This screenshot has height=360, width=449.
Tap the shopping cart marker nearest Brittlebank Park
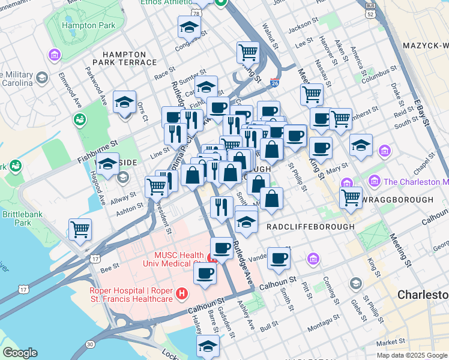click(x=80, y=229)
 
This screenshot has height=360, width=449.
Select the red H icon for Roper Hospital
click(x=182, y=295)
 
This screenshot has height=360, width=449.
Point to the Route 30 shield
click(x=89, y=344)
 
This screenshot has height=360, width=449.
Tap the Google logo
click(x=20, y=353)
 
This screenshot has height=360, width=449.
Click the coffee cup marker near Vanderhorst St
click(x=279, y=258)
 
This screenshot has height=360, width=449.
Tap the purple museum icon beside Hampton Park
click(x=55, y=56)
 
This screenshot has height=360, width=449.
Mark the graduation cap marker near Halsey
click(x=208, y=346)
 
